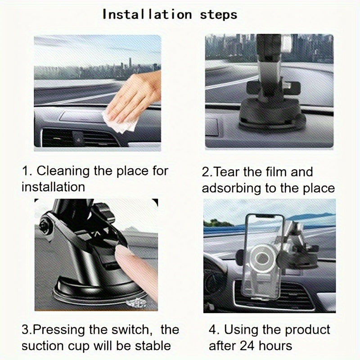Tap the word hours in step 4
278,346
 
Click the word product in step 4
306,330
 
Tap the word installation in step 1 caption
53,187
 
